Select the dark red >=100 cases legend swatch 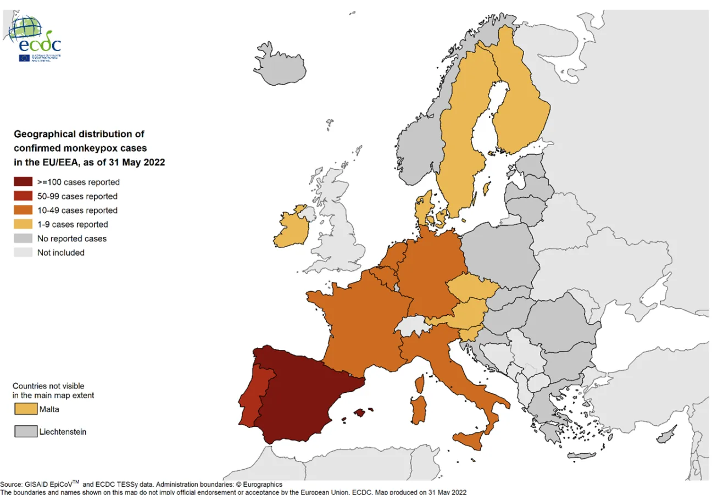click(23, 182)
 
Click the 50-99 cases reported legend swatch click(23, 196)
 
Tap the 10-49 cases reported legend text click(77, 210)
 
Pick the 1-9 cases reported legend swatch click(23, 224)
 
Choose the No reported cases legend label click(71, 238)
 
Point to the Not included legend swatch click(23, 253)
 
